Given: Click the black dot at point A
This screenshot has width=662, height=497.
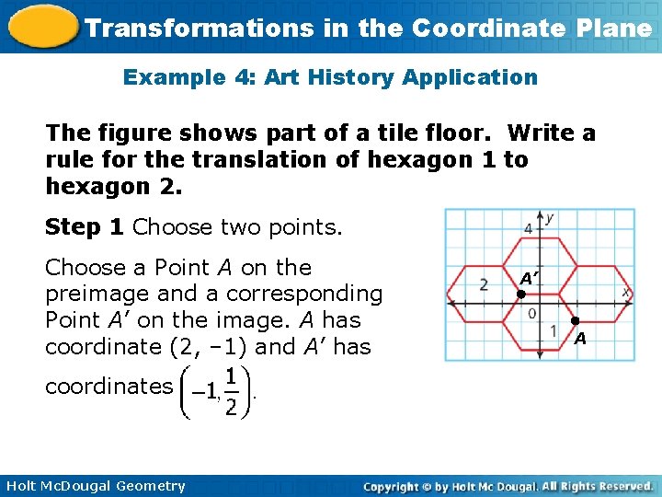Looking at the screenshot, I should (575, 321).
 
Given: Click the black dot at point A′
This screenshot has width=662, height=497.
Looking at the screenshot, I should (519, 295).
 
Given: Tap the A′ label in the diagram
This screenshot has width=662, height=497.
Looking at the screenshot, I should (529, 277).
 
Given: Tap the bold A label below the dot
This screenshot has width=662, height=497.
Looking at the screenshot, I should (580, 340).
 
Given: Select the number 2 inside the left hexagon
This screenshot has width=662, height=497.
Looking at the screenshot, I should (484, 285).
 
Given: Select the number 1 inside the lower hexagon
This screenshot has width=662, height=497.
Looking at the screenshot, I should (554, 329).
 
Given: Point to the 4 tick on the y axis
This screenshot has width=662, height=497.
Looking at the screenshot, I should (529, 227).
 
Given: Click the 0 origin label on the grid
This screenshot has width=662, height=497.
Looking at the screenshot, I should (532, 314).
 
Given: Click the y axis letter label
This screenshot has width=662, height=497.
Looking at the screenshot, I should (549, 218).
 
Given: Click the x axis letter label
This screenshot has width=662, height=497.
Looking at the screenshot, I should (626, 291).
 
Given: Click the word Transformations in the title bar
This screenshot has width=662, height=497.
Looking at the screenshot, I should (198, 28).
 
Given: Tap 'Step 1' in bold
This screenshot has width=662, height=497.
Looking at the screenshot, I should (86, 227).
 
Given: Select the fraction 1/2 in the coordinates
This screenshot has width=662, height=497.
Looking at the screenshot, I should (231, 392).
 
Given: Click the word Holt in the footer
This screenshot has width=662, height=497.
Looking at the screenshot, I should (22, 486).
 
